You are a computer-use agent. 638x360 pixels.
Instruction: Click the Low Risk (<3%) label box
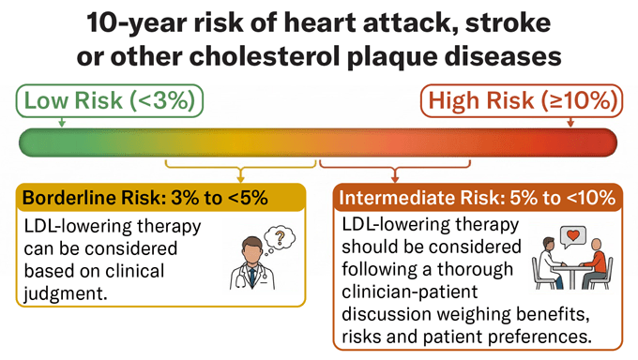click(x=110, y=100)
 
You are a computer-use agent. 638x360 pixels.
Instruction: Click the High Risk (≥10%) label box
click(x=522, y=100)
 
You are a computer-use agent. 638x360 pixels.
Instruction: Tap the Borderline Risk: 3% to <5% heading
click(x=145, y=198)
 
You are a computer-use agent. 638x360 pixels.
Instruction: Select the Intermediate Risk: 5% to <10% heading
click(x=477, y=198)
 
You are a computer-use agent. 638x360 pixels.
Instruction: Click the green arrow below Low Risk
click(x=62, y=122)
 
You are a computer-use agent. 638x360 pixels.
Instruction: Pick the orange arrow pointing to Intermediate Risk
click(x=395, y=175)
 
